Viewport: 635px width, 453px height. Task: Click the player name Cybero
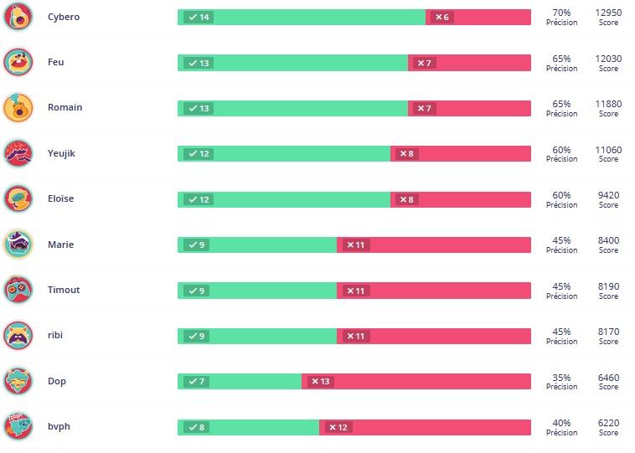[64, 17]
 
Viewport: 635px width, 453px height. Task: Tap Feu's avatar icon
[18, 62]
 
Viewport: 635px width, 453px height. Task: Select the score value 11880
[608, 104]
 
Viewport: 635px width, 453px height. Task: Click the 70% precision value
[561, 13]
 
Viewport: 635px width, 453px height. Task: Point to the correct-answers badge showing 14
[199, 17]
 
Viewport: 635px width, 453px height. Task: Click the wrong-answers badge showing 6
[441, 17]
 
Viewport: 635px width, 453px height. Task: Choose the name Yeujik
[61, 153]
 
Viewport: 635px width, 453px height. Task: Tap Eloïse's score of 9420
[608, 195]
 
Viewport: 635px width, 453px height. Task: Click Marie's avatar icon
[18, 245]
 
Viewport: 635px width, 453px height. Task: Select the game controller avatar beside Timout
[18, 290]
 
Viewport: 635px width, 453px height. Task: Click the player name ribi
[55, 335]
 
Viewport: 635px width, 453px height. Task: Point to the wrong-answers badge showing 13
[320, 381]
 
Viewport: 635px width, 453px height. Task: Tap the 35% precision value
[561, 378]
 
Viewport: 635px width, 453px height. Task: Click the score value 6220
[608, 423]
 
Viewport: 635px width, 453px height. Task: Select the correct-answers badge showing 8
[196, 427]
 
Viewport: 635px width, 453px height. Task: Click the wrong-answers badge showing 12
[338, 427]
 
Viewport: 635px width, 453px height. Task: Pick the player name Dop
[57, 381]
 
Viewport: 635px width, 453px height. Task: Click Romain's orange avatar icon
[18, 108]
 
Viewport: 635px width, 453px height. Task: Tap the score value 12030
[608, 59]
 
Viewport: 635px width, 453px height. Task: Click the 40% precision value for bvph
[561, 423]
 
